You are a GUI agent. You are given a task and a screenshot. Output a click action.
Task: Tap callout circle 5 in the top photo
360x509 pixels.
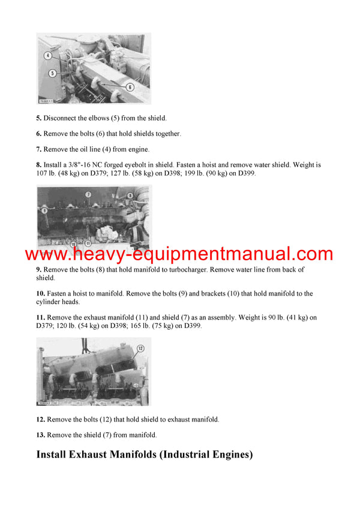coord(53,73)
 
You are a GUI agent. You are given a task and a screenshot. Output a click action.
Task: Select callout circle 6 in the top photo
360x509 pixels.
coord(130,86)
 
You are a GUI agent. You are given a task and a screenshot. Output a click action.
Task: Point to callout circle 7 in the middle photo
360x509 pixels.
coord(88,195)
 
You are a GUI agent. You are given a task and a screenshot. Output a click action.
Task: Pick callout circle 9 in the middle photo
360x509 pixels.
coord(44,210)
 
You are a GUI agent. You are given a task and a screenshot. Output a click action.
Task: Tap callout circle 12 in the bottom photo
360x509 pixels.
coord(140,348)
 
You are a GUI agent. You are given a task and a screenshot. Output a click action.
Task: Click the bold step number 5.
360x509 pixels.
coord(38,118)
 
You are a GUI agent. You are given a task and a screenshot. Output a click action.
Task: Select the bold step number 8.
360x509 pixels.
coord(38,165)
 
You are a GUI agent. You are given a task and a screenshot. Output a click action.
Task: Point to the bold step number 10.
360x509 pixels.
coord(40,294)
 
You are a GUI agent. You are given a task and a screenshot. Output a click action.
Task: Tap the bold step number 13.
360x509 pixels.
coord(40,435)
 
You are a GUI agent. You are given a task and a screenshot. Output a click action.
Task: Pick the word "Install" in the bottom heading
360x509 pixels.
coord(56,455)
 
